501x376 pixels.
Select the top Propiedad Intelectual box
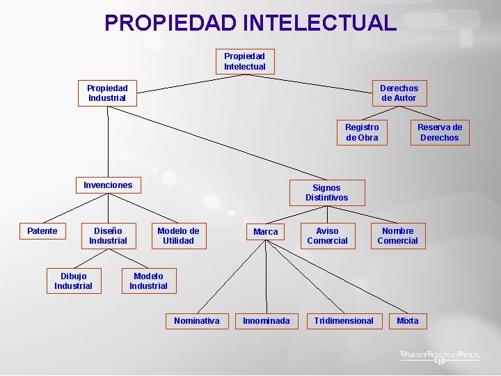244,61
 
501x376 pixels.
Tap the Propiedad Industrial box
107,93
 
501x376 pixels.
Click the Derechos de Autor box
399,93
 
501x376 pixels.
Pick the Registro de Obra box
362,132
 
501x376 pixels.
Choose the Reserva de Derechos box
439,132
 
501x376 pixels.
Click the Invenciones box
108,185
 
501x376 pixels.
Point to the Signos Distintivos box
326,193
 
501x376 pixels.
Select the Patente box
42,231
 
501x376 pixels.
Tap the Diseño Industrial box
108,236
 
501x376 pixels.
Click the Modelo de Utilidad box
178,236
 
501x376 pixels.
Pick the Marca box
265,232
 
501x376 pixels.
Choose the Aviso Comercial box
327,236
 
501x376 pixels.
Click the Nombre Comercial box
397,236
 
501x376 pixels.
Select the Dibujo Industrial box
73,281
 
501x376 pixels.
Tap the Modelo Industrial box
148,281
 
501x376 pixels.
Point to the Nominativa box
196,321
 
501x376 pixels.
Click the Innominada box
267,321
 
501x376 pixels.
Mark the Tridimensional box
344,321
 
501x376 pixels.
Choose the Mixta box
408,321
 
